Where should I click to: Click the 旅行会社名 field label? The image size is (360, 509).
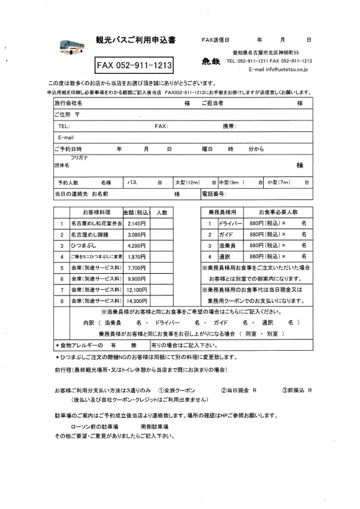[68, 103]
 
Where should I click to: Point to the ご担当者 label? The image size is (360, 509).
[212, 103]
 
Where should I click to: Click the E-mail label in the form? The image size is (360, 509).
[66, 137]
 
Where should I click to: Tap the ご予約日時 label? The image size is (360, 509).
[68, 149]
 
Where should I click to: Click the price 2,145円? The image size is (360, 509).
[136, 223]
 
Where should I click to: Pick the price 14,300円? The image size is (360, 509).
[136, 300]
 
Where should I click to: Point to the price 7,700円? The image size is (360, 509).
[136, 268]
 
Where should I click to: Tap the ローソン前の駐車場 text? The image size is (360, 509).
[93, 428]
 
